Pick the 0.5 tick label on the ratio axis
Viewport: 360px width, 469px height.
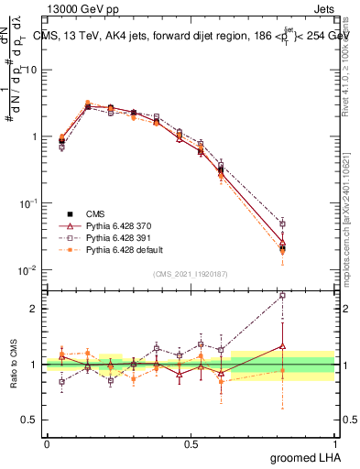point(29,420)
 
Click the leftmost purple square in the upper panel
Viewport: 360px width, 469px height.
point(61,147)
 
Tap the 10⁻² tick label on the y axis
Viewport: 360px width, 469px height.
point(27,270)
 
